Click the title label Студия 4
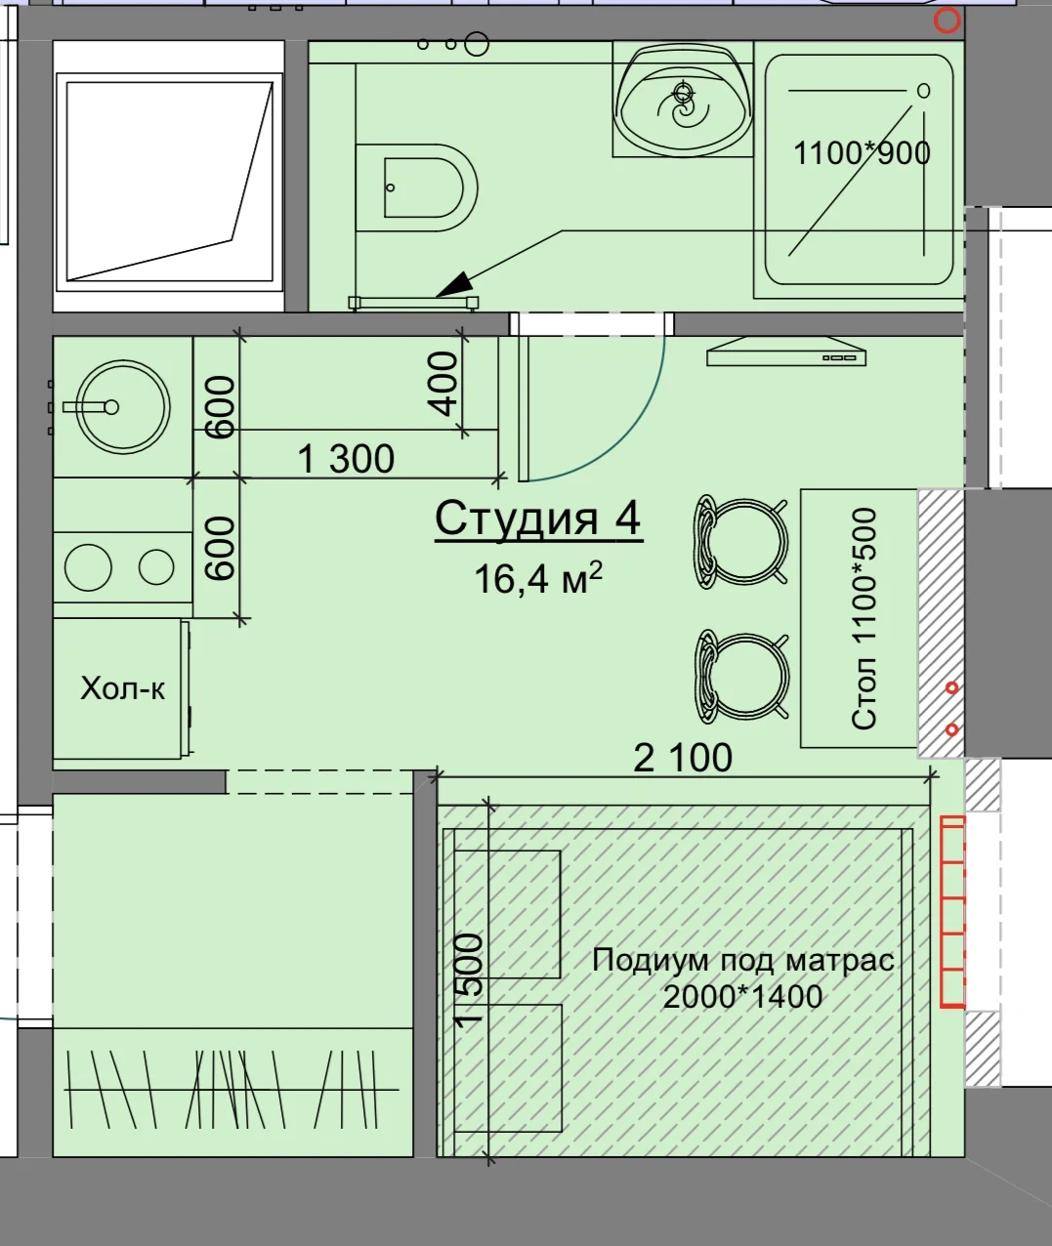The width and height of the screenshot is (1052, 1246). coord(538,518)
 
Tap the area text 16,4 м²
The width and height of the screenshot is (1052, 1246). coord(538,578)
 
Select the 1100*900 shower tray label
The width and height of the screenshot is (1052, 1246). coord(862,152)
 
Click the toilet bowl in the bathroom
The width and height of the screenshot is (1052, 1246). coord(417,187)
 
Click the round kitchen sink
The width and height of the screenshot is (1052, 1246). coord(124,407)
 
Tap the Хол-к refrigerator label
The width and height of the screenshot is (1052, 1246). coord(122,688)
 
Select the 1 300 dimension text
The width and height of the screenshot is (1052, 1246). coord(346,459)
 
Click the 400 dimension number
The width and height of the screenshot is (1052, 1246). coord(443,383)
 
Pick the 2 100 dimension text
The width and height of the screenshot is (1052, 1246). coord(683,758)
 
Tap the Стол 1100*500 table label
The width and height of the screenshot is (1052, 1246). coord(863,619)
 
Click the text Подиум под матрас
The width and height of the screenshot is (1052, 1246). coord(742,960)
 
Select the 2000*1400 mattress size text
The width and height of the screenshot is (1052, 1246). coord(742,997)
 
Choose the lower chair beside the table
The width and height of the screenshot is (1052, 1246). coord(741,677)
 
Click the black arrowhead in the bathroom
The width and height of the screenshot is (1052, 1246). coord(454,285)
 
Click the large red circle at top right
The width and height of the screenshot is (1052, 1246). coord(947,21)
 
